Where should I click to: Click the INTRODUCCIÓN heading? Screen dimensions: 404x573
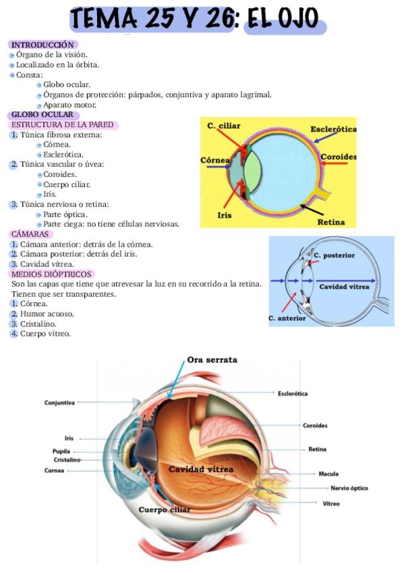42,45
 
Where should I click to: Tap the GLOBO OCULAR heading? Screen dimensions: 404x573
42,114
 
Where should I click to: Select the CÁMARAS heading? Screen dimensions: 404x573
30,234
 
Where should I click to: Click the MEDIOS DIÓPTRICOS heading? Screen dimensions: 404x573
51,274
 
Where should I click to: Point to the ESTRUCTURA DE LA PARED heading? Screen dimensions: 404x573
62,124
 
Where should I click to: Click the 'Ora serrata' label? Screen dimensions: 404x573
212,359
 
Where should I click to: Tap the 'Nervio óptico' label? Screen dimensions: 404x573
349,489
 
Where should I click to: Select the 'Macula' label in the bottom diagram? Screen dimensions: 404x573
328,474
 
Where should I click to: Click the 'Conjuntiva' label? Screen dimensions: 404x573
59,403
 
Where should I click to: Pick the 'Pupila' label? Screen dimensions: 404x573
61,451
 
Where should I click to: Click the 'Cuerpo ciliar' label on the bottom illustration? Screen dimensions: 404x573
165,509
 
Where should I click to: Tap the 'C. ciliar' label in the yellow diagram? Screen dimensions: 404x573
223,126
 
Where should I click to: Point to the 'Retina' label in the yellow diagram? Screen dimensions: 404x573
330,222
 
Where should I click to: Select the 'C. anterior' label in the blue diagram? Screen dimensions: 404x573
287,318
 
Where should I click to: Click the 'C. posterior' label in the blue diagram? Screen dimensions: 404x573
334,255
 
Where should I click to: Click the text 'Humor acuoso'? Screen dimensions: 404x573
47,314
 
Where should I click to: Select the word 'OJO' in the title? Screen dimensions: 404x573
299,18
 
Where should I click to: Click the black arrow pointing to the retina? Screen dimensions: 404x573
312,209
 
